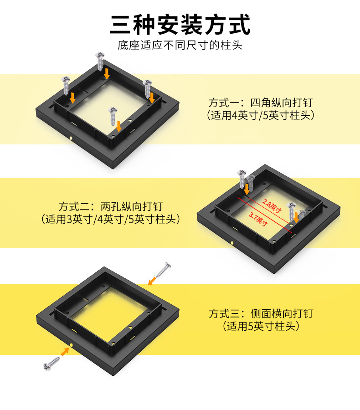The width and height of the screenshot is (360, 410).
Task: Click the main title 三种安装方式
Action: click(180, 25)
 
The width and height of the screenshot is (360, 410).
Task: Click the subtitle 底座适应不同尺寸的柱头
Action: click(180, 45)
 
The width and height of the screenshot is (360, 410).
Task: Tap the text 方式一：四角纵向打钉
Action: click(261, 103)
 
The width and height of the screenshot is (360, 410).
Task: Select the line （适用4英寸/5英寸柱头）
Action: click(261, 115)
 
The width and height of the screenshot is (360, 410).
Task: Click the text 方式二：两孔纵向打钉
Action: click(111, 206)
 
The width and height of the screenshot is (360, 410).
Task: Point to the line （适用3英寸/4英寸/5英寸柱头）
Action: click(111, 219)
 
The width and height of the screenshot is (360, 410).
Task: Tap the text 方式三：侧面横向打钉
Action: click(261, 313)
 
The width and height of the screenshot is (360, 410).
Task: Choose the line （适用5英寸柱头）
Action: click(261, 326)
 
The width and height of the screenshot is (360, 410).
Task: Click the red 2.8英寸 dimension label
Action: click(272, 206)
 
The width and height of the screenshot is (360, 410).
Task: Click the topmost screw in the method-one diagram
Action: click(100, 61)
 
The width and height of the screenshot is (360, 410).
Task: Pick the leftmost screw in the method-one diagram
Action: click(66, 86)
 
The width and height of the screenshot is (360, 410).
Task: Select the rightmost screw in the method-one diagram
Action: click(148, 89)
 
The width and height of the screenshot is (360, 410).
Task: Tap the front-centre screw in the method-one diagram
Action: click(113, 116)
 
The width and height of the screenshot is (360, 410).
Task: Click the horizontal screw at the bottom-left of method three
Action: click(51, 364)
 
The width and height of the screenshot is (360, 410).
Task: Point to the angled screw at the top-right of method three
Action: click(164, 270)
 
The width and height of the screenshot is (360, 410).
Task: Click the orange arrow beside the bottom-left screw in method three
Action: click(65, 351)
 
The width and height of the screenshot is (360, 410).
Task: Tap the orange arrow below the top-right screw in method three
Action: click(152, 281)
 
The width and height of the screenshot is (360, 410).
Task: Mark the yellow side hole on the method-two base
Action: click(232, 243)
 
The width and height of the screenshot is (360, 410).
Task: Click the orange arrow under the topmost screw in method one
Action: click(107, 74)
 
